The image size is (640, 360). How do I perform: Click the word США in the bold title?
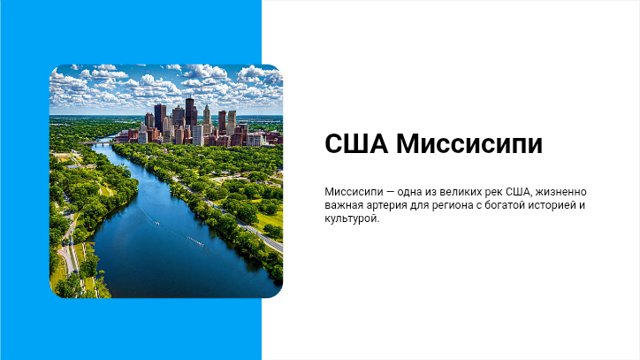[x=356, y=143]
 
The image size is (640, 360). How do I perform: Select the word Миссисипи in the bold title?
[x=469, y=143]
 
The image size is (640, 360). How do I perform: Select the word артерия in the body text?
[x=388, y=205]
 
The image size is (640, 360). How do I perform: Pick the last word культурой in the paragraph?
[x=352, y=218]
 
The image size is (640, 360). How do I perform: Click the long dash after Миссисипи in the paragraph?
[x=390, y=192]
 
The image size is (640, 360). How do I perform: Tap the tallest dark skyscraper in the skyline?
[x=190, y=113]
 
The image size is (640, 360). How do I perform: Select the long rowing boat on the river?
[x=195, y=241]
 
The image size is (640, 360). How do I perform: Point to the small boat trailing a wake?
[x=157, y=223]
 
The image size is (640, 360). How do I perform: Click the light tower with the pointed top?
[x=207, y=119]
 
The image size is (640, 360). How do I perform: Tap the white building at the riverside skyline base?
[x=197, y=134]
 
